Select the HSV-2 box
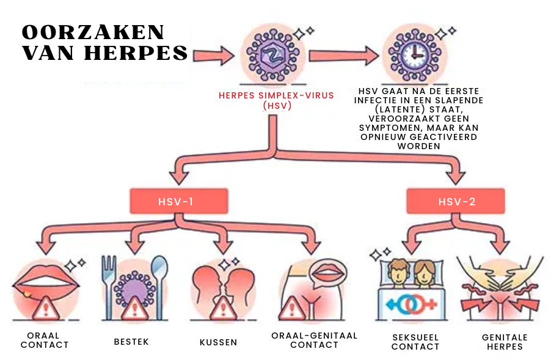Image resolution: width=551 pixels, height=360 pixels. pyautogui.click(x=456, y=200)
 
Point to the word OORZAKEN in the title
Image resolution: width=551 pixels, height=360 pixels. pyautogui.click(x=93, y=33)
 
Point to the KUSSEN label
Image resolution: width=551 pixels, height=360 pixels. pyautogui.click(x=218, y=342)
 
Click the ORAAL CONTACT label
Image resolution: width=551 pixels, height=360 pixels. pyautogui.click(x=45, y=340)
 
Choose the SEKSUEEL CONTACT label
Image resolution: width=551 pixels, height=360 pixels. pyautogui.click(x=415, y=342)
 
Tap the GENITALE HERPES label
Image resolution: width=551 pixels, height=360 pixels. pyautogui.click(x=505, y=342)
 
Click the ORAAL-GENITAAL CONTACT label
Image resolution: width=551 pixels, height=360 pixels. pyautogui.click(x=314, y=340)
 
